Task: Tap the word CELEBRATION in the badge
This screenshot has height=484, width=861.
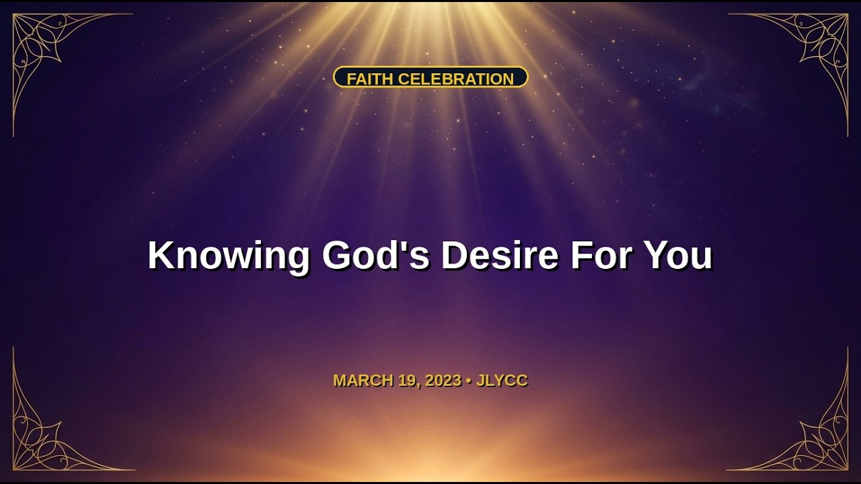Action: tap(456, 79)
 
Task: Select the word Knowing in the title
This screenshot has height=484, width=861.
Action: tap(229, 256)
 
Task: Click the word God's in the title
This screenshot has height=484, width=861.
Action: tap(375, 255)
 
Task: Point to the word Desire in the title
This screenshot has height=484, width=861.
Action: tap(500, 255)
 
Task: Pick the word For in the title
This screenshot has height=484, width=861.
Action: tap(601, 255)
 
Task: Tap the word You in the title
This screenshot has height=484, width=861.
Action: tap(677, 255)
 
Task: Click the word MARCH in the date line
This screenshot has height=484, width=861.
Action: tap(364, 380)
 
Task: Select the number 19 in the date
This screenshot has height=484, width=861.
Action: tap(407, 380)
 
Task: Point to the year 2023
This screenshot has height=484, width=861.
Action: tap(443, 380)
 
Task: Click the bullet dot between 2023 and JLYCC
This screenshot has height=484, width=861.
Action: tap(469, 381)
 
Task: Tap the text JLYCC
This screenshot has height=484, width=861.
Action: tap(502, 380)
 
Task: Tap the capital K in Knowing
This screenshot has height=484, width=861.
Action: tap(161, 255)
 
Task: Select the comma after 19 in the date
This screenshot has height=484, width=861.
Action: tap(418, 386)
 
